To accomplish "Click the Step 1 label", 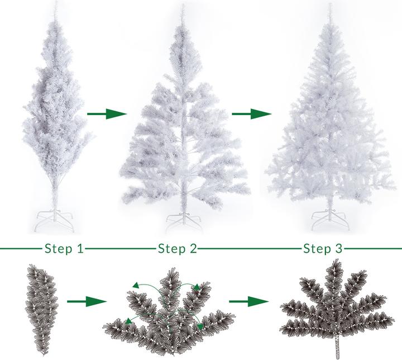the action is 64,249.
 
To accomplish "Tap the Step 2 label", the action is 178,249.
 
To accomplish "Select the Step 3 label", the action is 323,249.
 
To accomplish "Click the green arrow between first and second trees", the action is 107,113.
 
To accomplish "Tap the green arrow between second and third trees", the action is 251,113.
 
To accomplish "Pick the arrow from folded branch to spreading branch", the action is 87,301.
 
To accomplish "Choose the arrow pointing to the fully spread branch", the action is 248,301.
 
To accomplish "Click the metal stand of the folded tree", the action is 54,220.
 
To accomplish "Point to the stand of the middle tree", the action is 184,222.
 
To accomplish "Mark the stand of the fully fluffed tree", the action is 330,220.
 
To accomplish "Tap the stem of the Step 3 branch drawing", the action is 338,347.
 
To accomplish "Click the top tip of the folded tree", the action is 55,2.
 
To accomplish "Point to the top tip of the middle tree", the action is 183,5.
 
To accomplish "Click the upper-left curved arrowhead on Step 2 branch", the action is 136,285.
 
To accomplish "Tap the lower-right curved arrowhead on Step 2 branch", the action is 200,326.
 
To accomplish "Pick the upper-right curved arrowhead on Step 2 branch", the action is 197,287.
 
